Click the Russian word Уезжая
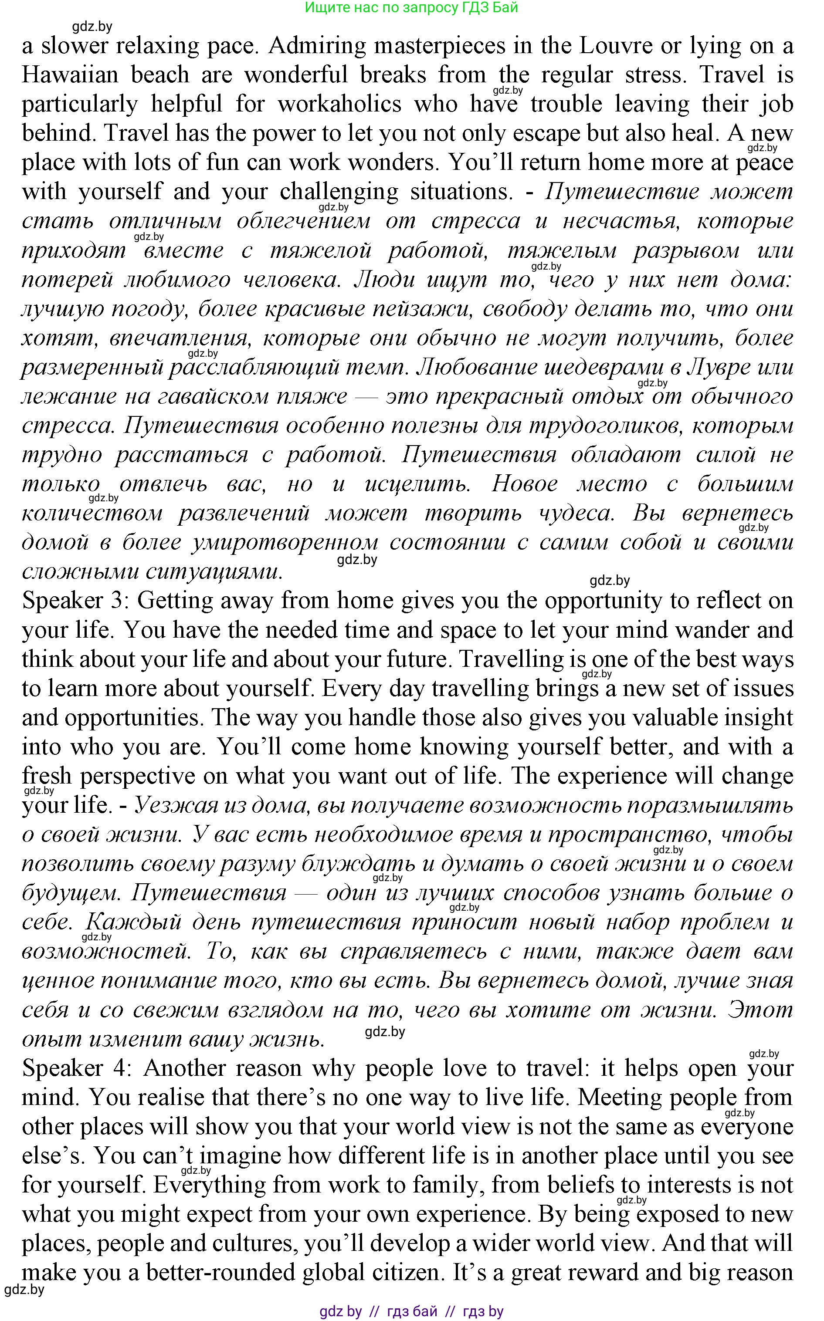click(x=169, y=805)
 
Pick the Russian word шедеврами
click(x=603, y=367)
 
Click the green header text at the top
click(x=411, y=8)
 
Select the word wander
click(x=712, y=630)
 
